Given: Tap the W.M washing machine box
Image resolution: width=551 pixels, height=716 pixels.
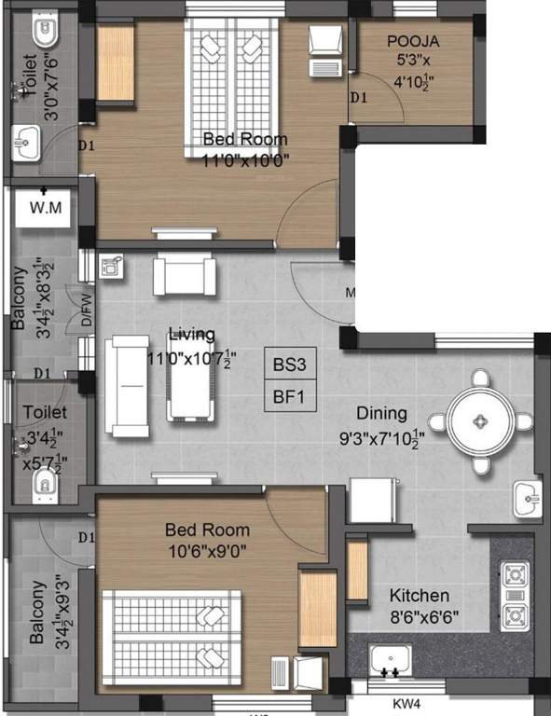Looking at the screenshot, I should pos(46,207).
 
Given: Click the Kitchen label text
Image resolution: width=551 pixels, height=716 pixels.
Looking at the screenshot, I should pos(420,595).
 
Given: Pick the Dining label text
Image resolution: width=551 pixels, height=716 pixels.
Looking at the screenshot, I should pos(381,412).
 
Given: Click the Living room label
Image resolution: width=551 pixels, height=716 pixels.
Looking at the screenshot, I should pos(191,335).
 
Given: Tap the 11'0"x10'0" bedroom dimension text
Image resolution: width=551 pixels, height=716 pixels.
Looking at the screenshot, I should pos(245,159).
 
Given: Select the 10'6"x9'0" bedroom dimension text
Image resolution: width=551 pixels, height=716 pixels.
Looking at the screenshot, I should pos(206,550).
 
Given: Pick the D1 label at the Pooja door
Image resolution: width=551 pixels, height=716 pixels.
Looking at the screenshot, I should pos(359,97).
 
